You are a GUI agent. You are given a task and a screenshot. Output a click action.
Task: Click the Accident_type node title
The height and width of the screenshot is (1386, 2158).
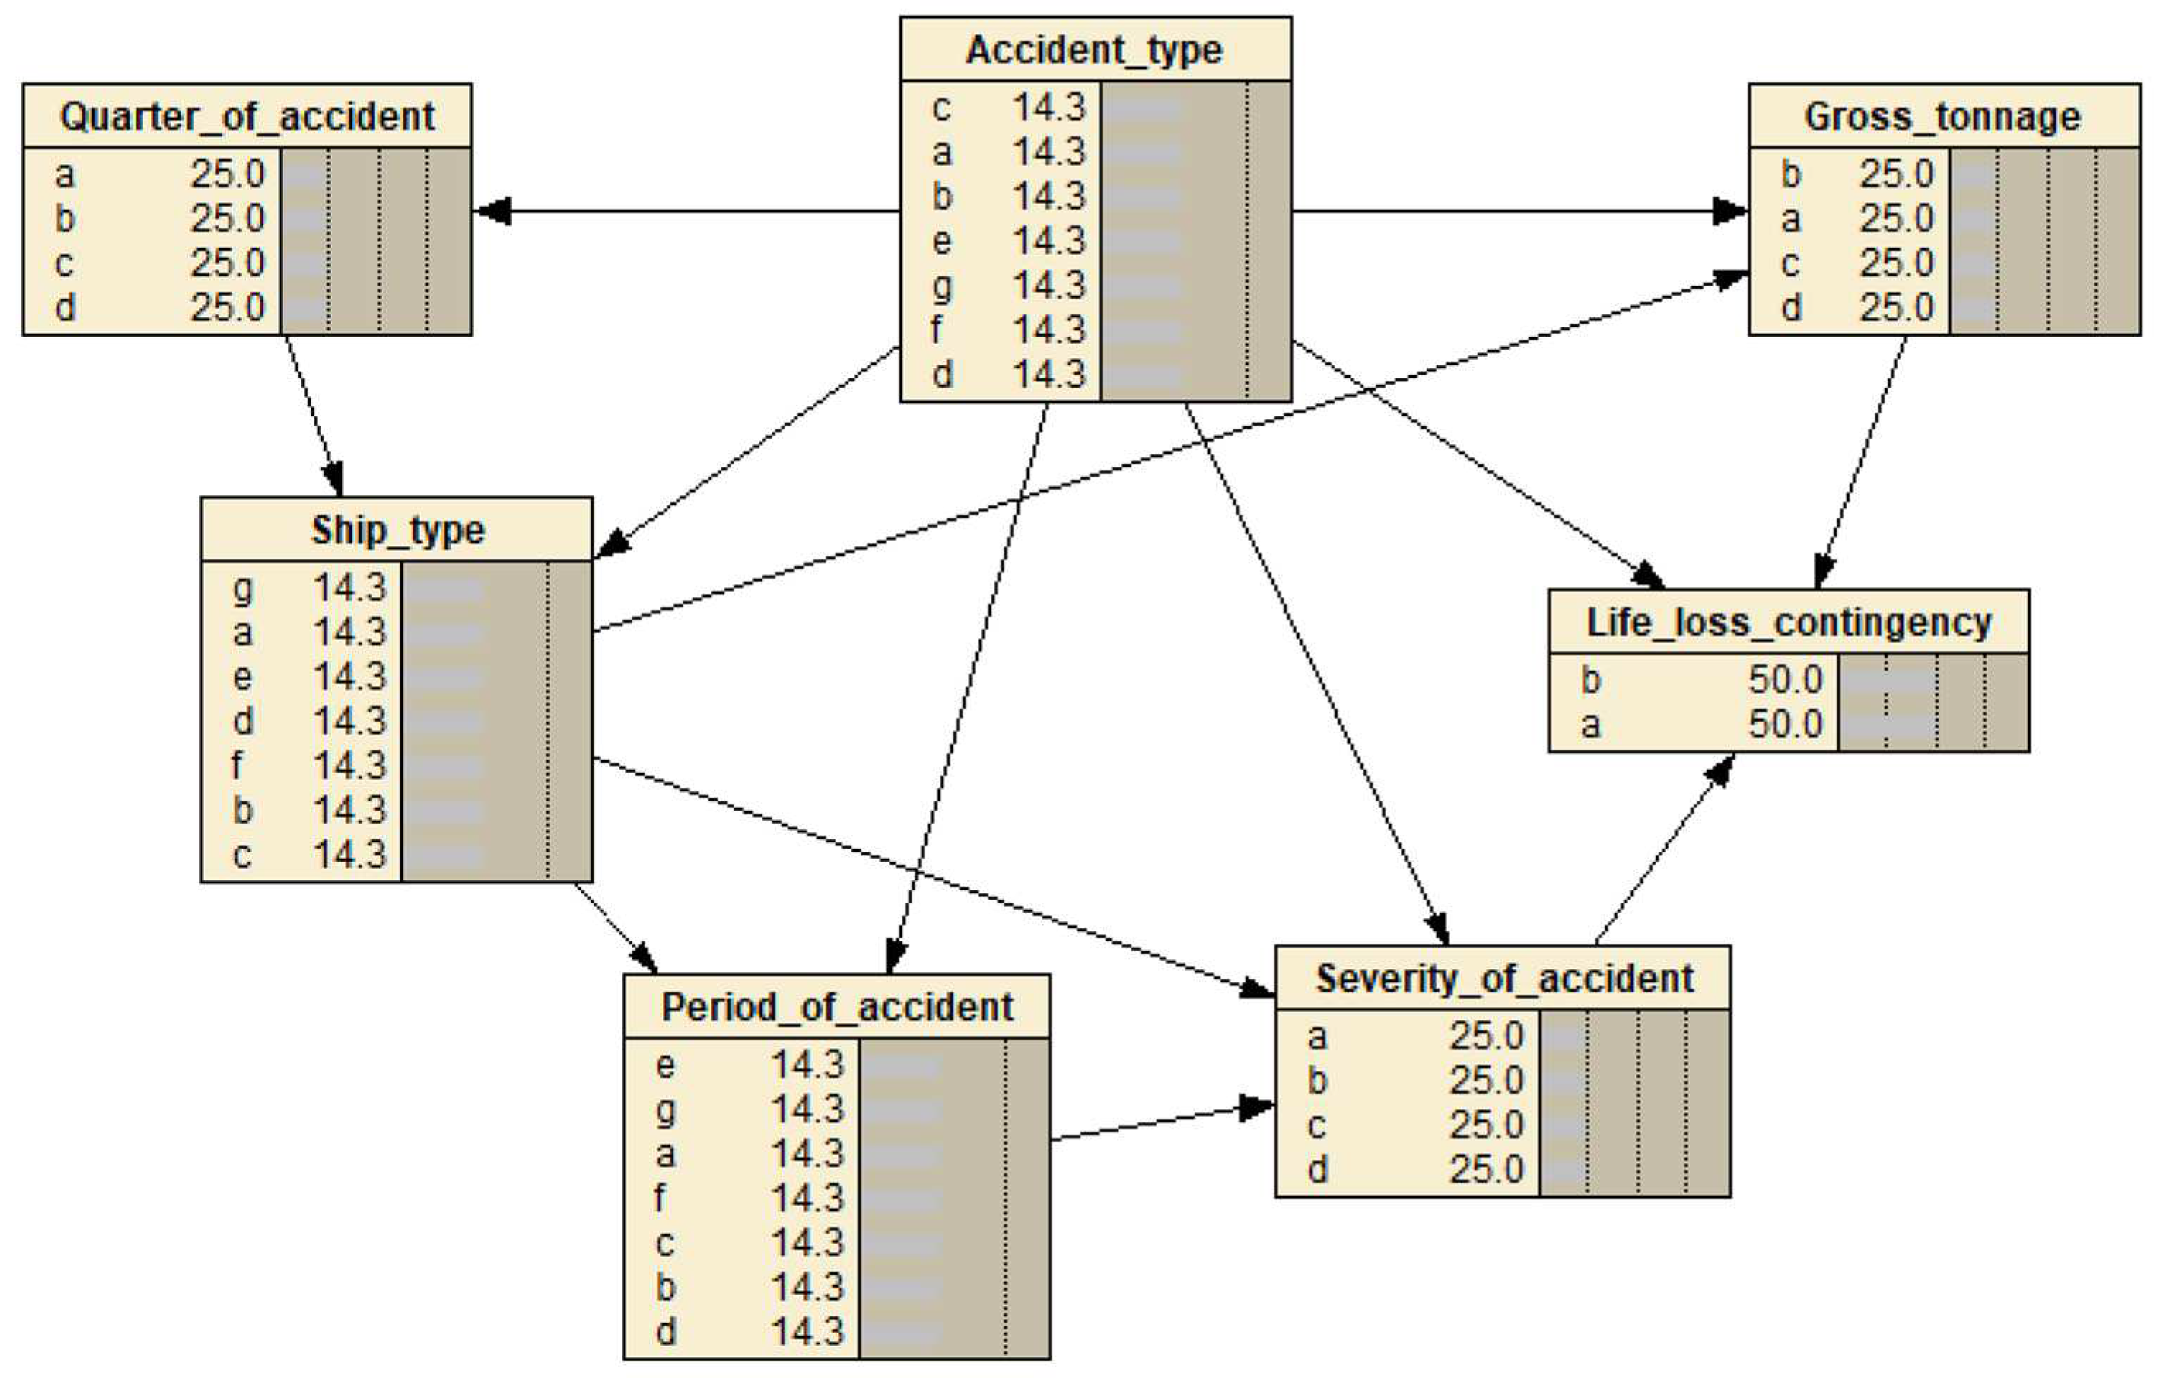1094,49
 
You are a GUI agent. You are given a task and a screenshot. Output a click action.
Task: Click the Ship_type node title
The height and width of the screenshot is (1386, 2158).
397,530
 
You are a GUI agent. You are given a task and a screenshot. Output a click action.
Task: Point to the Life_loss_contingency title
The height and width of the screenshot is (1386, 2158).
1788,623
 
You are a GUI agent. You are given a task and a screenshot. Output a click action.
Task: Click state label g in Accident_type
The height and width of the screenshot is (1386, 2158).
941,286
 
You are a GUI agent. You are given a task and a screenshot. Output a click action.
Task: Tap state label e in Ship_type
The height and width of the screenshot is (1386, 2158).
242,677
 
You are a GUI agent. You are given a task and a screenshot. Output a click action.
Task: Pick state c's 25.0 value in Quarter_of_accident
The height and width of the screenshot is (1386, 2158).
228,263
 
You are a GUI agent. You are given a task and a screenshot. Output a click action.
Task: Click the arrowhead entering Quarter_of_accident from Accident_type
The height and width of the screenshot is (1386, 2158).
491,211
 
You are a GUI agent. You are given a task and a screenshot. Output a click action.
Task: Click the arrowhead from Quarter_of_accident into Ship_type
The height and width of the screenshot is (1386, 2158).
334,480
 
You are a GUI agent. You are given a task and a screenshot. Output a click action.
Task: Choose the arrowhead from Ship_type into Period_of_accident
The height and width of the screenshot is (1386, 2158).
644,956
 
